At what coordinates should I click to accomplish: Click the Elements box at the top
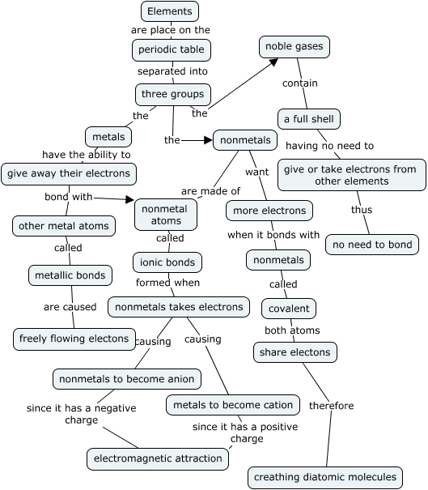[169, 11]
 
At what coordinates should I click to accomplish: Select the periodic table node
[172, 49]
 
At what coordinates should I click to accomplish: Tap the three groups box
[172, 94]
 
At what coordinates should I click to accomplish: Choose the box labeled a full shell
[308, 119]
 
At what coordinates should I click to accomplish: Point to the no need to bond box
[372, 244]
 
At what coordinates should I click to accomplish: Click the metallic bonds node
[70, 275]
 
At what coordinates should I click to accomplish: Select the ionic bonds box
[167, 262]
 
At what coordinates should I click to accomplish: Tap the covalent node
[289, 308]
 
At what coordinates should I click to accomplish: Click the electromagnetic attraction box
[158, 458]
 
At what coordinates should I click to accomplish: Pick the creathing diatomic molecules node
[325, 477]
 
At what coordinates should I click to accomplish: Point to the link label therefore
[332, 406]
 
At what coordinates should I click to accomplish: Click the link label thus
[362, 209]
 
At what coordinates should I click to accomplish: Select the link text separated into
[172, 71]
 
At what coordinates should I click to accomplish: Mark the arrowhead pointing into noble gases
[276, 62]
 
